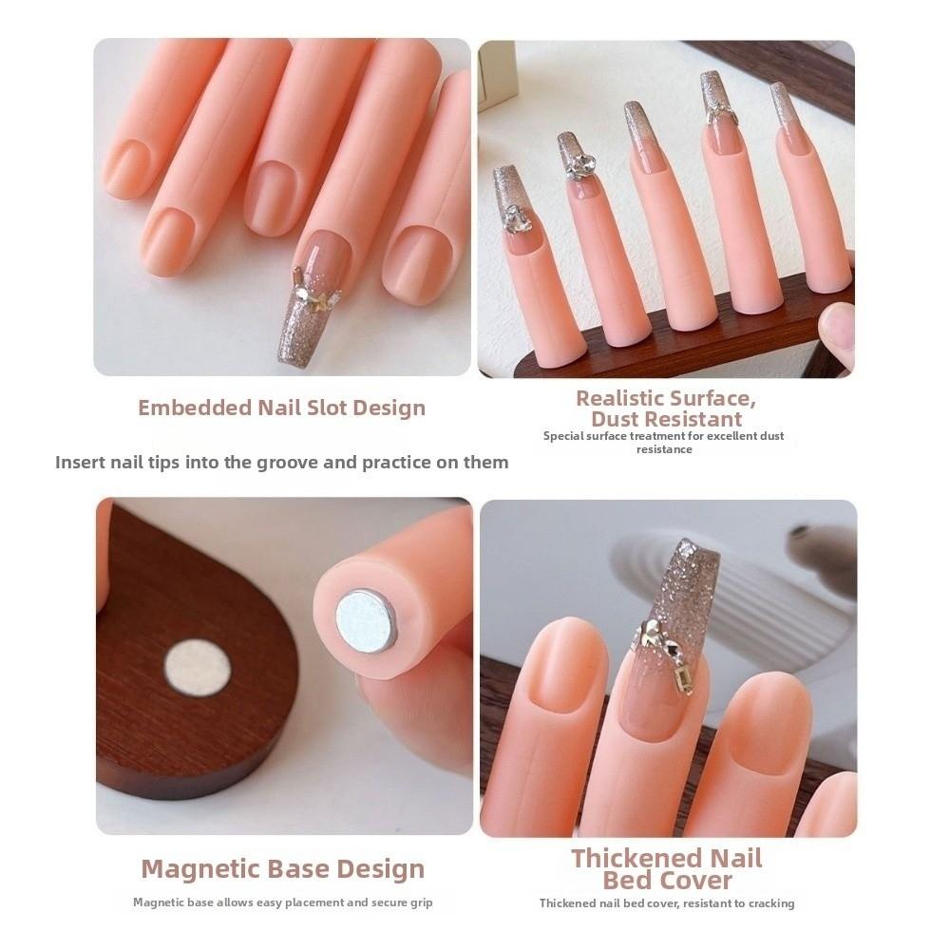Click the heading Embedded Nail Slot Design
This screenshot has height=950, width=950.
coord(281,408)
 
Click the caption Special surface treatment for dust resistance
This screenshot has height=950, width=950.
coord(664,442)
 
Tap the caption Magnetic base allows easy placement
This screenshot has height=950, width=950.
coord(282,902)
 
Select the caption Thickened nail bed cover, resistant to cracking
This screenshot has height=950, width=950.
coord(667,902)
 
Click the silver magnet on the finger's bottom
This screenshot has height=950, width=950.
coord(367,620)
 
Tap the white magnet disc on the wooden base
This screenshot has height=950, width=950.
coord(198,667)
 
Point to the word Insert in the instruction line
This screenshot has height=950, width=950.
coord(83,463)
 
